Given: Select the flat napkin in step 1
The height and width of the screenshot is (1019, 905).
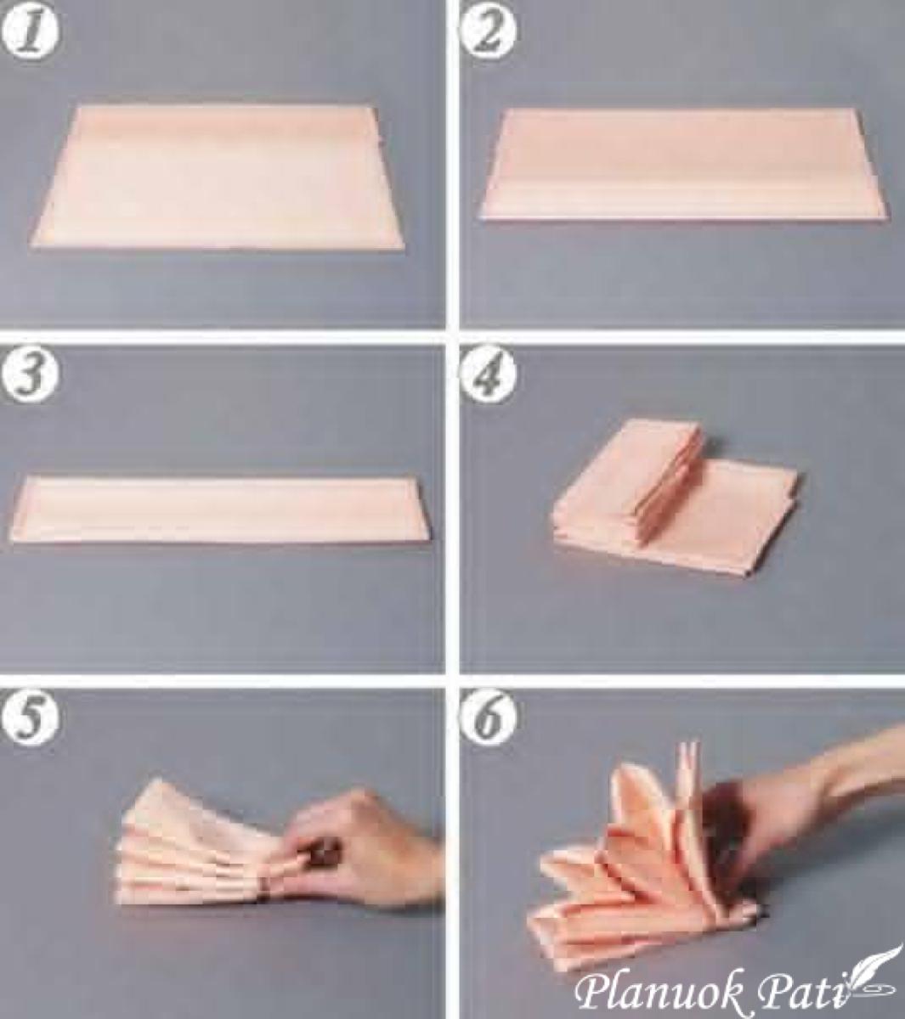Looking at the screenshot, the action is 218,177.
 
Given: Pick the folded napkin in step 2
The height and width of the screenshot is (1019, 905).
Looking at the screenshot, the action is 683,164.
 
